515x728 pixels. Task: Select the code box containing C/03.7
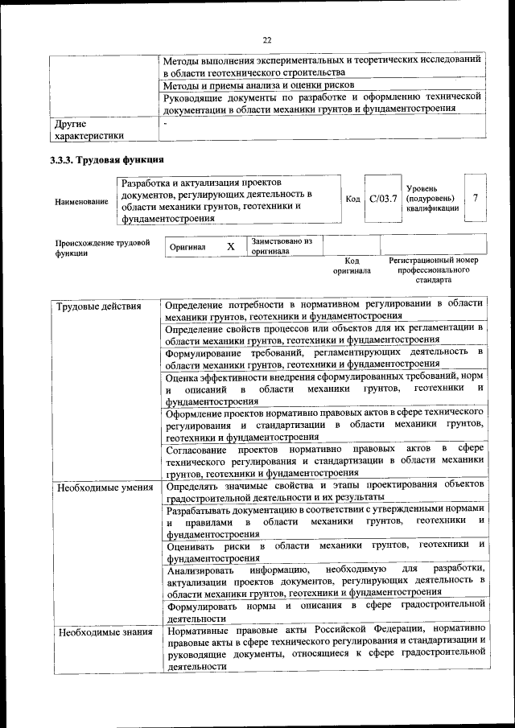point(382,199)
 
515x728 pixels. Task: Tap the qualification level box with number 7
point(476,198)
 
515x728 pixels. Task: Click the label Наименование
point(81,201)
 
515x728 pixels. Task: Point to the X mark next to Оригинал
point(230,247)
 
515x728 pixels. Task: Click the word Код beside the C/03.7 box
point(352,199)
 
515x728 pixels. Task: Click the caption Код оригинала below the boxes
point(352,266)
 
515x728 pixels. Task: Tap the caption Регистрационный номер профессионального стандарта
point(433,270)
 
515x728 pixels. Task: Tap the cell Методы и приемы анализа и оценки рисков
point(258,84)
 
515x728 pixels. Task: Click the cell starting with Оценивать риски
point(324,551)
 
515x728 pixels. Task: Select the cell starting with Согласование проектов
point(324,461)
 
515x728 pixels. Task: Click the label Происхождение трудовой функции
point(102,246)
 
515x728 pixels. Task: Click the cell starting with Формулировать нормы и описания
point(324,611)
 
